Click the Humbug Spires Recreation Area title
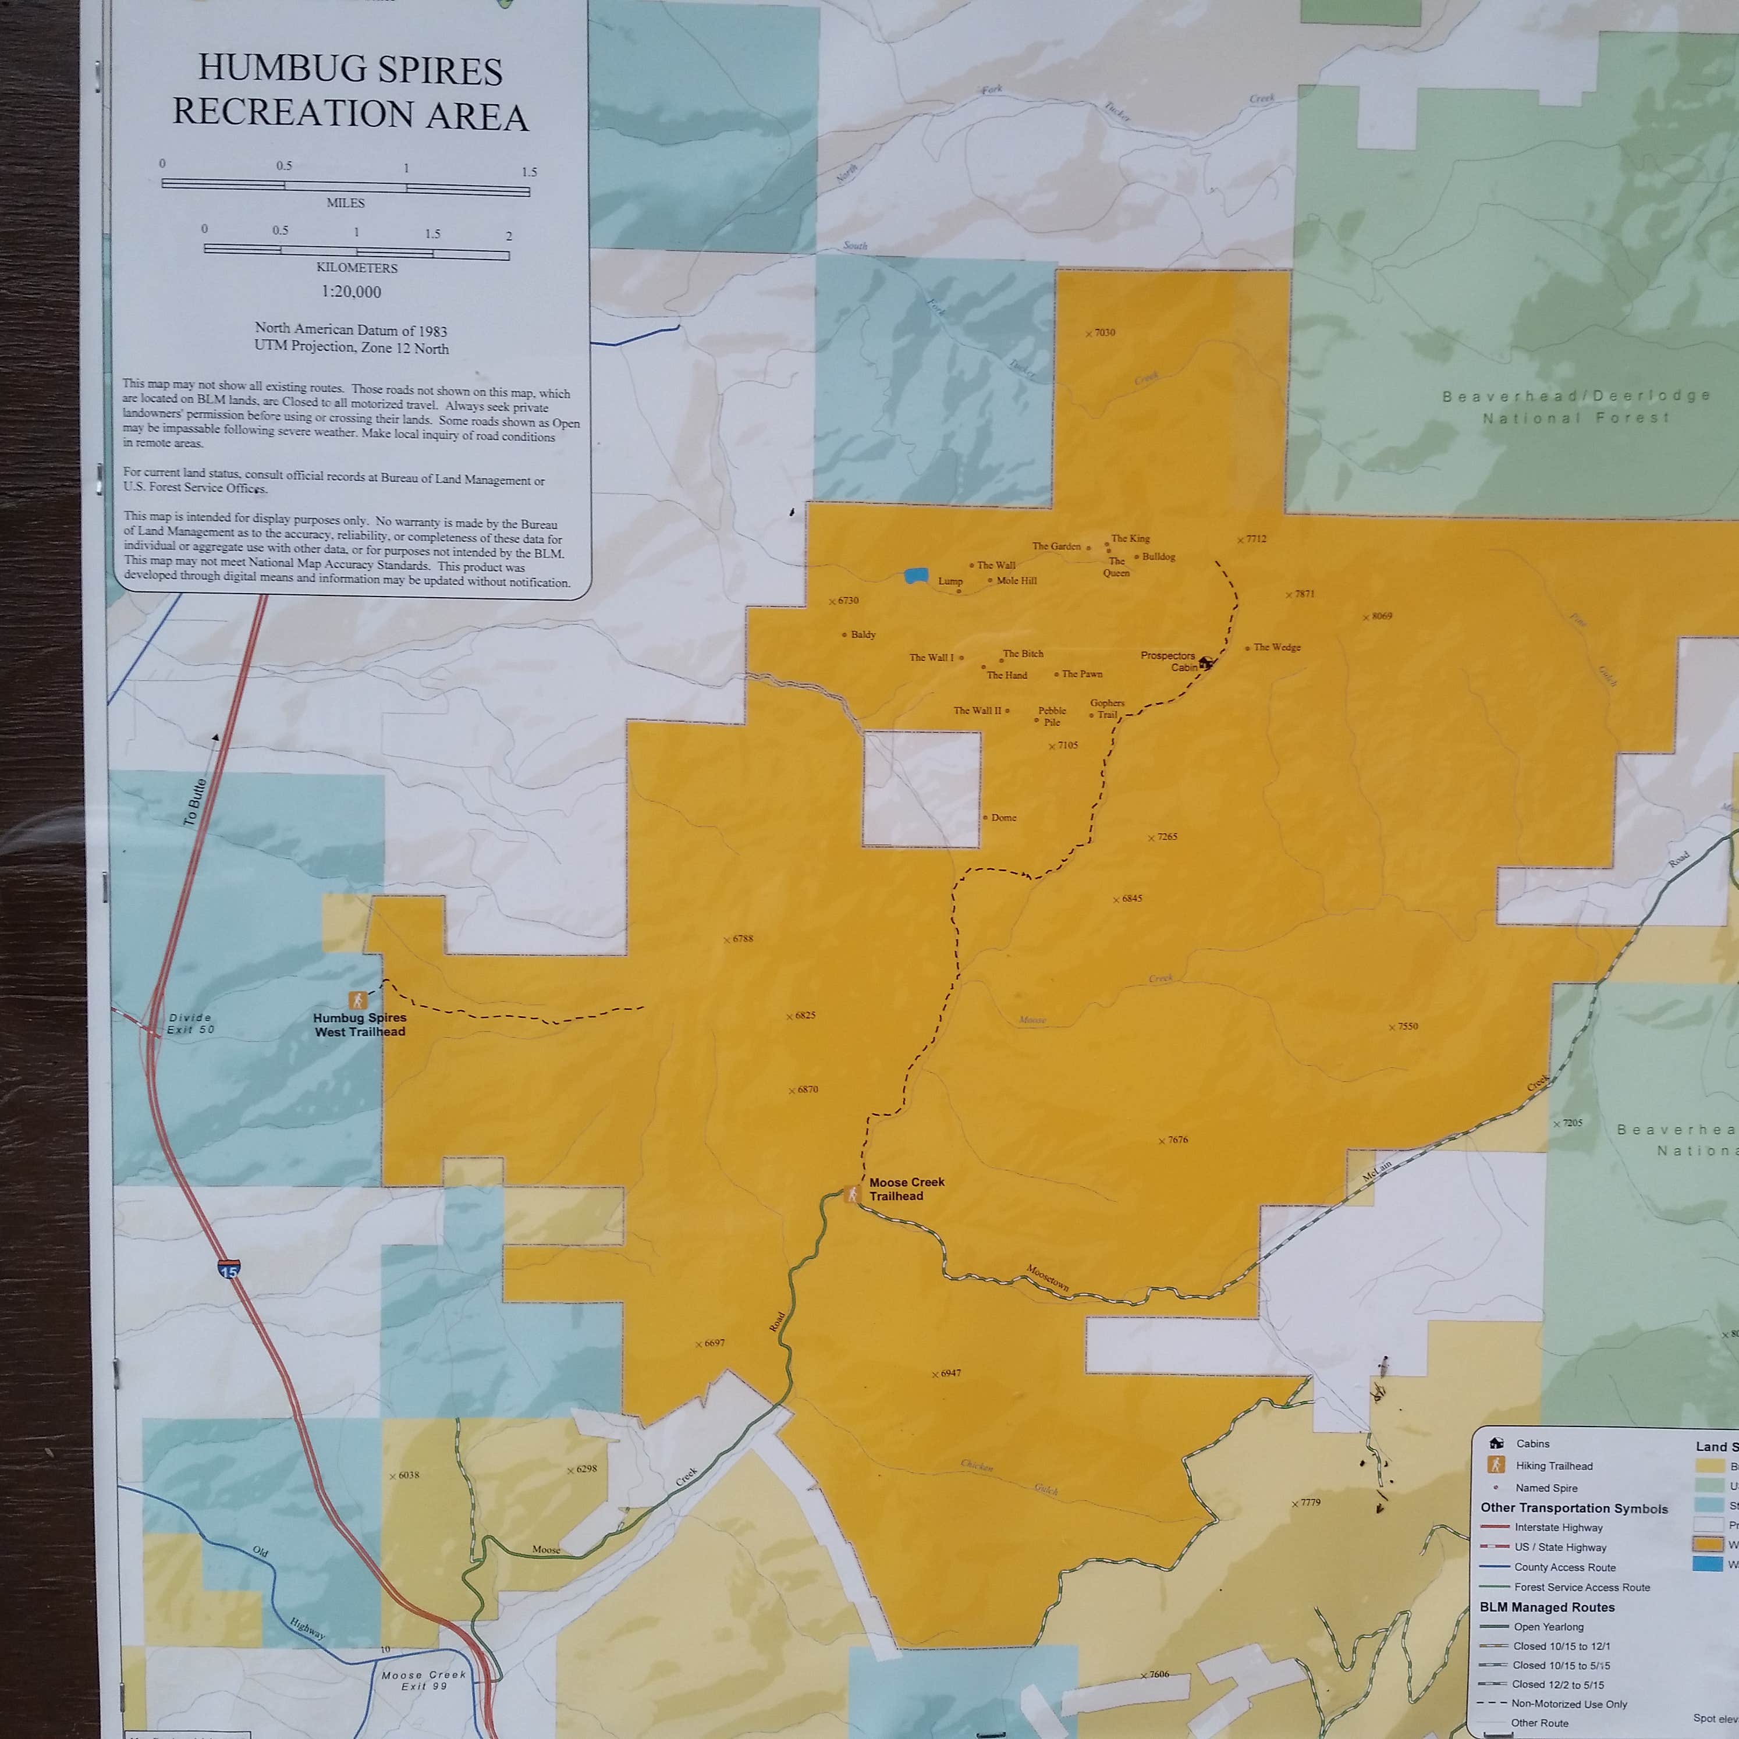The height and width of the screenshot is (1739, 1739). [350, 92]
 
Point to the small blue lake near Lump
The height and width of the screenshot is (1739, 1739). [916, 575]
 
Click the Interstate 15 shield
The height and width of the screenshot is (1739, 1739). [229, 1269]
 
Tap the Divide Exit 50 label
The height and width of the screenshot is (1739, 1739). [191, 1023]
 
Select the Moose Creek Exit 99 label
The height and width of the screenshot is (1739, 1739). [423, 1680]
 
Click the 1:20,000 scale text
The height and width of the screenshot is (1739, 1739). [351, 292]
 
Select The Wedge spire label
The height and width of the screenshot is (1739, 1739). [1276, 647]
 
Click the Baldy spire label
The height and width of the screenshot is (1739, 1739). [863, 634]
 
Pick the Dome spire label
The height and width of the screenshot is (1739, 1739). [1003, 817]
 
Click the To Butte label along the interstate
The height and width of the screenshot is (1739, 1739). [194, 802]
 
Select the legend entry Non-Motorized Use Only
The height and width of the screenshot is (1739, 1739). [1570, 1703]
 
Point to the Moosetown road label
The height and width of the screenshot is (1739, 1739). [1048, 1278]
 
